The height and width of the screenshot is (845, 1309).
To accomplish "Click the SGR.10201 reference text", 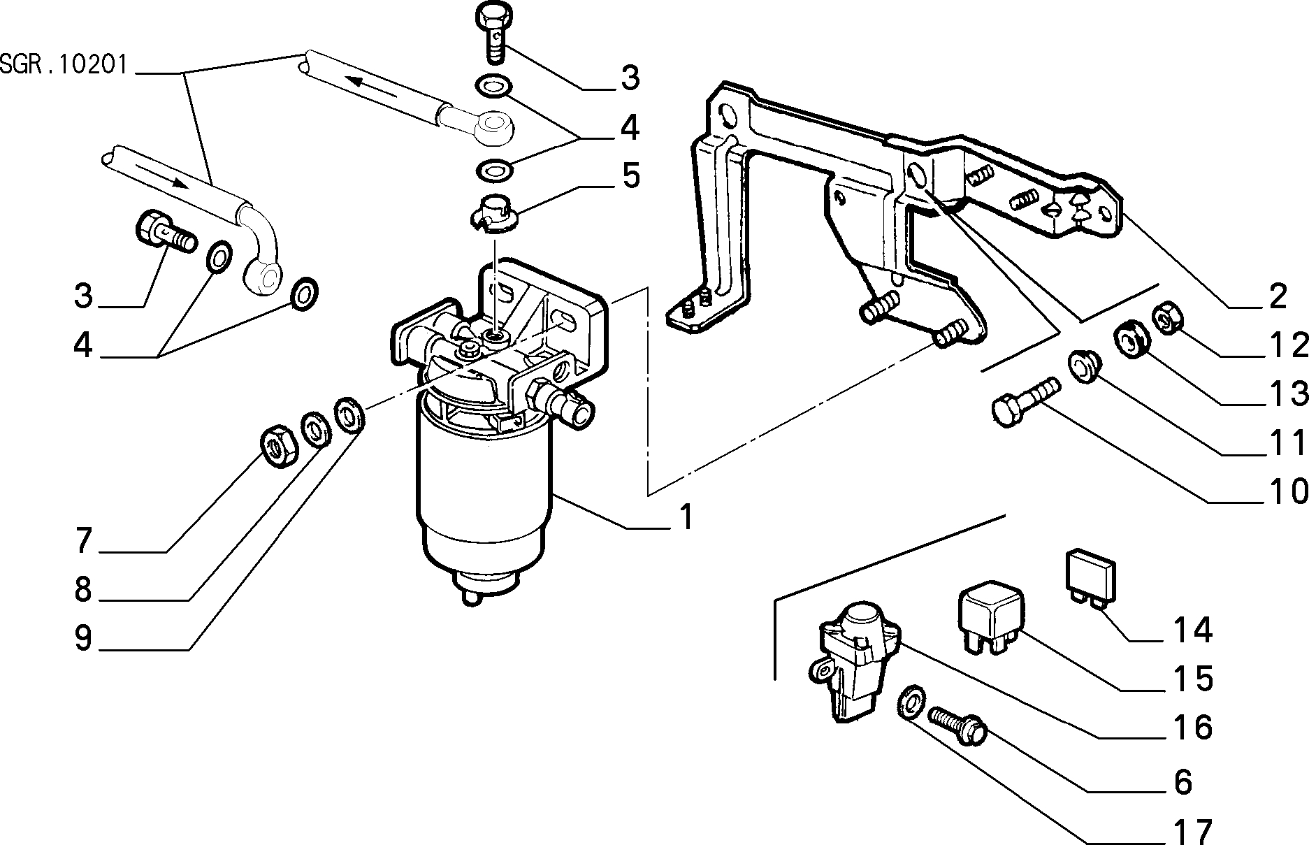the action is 64,65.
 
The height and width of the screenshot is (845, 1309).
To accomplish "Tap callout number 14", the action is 1192,630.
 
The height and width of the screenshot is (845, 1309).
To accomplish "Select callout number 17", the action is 1192,831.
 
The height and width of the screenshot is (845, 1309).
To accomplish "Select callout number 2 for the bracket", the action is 1277,297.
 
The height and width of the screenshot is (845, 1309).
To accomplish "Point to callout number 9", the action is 83,638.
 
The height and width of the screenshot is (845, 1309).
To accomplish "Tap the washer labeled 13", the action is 1129,338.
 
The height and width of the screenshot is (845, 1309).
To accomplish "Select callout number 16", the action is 1192,728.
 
